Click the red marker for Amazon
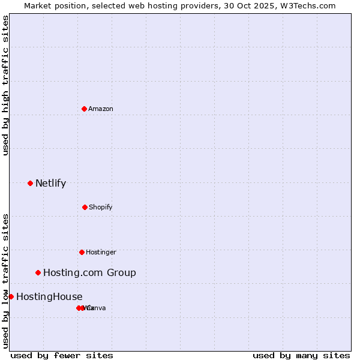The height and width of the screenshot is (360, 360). pyautogui.click(x=84, y=109)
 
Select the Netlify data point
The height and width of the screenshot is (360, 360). pyautogui.click(x=30, y=183)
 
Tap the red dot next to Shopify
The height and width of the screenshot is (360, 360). pyautogui.click(x=85, y=207)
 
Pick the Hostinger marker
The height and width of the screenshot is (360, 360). pyautogui.click(x=82, y=252)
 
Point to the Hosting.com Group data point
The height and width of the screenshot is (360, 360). pyautogui.click(x=38, y=272)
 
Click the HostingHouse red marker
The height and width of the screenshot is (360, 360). pyautogui.click(x=11, y=296)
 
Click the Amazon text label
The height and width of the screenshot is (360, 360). pyautogui.click(x=101, y=109)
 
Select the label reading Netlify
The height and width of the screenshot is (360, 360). pyautogui.click(x=50, y=183)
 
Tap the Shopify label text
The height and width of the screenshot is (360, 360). pyautogui.click(x=101, y=207)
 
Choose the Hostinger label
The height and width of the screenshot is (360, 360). pyautogui.click(x=101, y=252)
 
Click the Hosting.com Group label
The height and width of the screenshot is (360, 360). pyautogui.click(x=89, y=272)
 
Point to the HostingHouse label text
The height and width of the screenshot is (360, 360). pyautogui.click(x=49, y=296)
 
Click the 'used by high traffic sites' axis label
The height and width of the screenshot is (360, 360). pyautogui.click(x=5, y=85)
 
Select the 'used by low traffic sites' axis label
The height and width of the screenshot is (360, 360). pyautogui.click(x=5, y=281)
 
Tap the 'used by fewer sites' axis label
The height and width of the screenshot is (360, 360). pyautogui.click(x=62, y=355)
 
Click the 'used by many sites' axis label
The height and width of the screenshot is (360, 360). pyautogui.click(x=301, y=355)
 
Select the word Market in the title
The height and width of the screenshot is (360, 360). pyautogui.click(x=38, y=5)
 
